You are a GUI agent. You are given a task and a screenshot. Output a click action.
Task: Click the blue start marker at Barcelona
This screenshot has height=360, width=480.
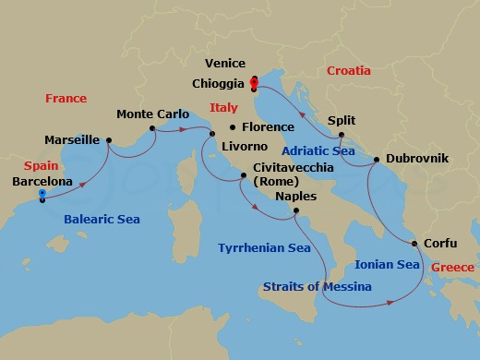[42, 194]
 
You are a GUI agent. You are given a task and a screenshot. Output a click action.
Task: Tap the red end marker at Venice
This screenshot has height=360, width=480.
[254, 82]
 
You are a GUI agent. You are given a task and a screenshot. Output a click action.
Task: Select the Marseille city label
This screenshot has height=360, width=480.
[72, 140]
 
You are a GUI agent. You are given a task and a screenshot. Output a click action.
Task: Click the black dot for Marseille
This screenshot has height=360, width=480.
[109, 140]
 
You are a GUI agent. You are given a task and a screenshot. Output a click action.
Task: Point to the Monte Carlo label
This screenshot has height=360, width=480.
[153, 114]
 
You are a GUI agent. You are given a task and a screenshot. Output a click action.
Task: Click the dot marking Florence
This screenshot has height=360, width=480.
[232, 126]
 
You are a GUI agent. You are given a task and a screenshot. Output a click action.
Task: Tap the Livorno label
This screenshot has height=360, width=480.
[244, 147]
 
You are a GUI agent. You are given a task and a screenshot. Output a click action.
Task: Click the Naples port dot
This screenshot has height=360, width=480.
[294, 211]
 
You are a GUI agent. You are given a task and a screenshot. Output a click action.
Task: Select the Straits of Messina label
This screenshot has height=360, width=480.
[317, 286]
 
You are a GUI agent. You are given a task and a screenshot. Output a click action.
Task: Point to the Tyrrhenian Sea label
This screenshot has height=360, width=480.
[263, 247]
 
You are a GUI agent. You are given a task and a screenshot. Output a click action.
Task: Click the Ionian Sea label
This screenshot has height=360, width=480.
[387, 264]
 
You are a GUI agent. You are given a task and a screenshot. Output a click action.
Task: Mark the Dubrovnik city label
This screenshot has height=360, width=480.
[417, 159]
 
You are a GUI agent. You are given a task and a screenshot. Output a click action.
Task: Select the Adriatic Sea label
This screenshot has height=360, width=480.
[319, 149]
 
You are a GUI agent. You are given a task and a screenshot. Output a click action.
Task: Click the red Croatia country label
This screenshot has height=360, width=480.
[349, 70]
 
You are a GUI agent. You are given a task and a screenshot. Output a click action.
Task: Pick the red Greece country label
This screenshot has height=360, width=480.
[451, 267]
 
